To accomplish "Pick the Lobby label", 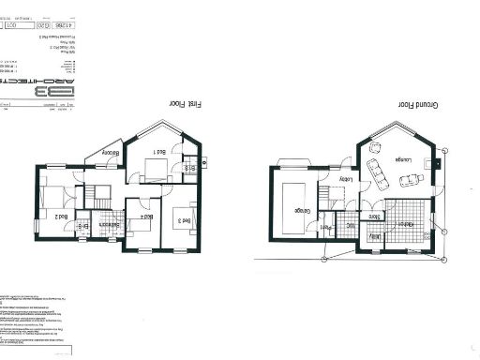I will coord(345,176).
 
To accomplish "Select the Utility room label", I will coord(374,238).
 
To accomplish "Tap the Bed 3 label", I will coord(185,221).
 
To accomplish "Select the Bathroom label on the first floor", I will coord(110,224).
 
